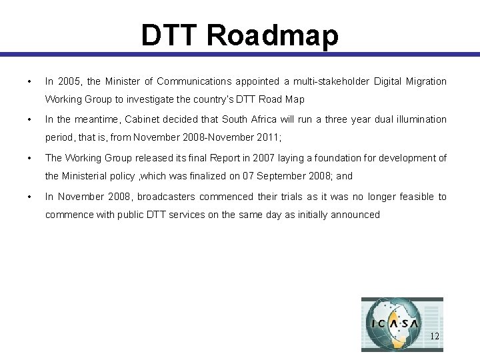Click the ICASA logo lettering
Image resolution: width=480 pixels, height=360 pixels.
point(395,325)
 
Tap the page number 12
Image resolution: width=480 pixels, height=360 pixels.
point(434,336)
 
